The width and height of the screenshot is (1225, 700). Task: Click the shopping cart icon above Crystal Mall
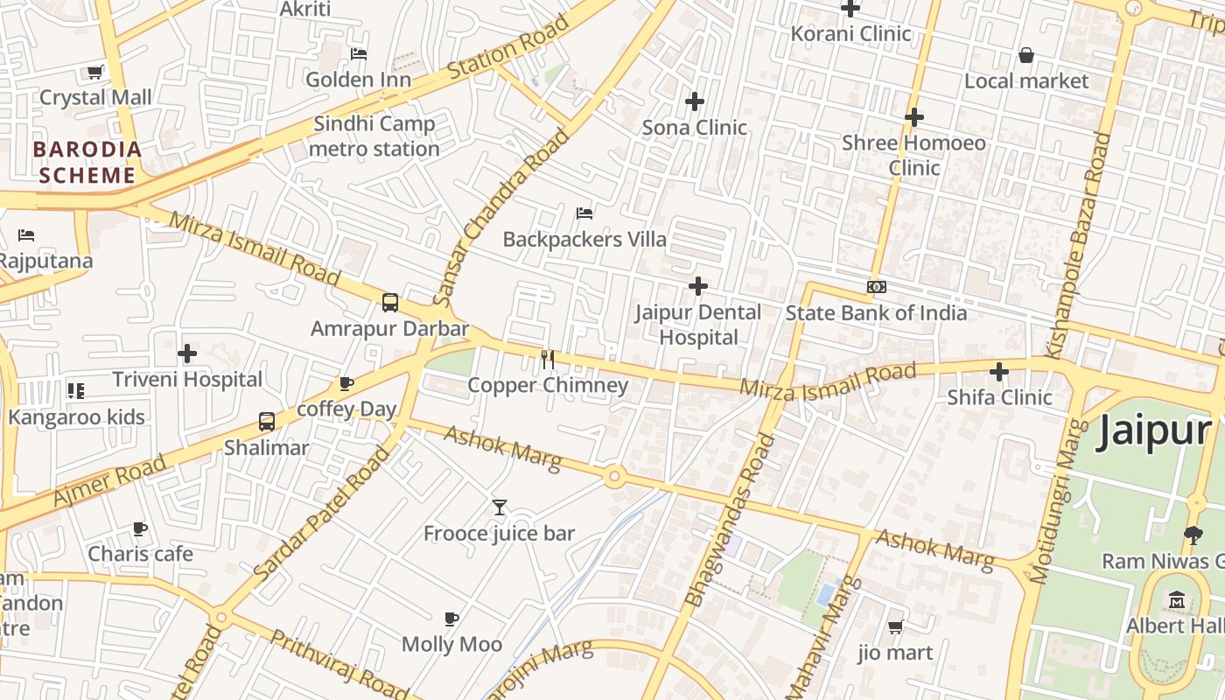pyautogui.click(x=94, y=72)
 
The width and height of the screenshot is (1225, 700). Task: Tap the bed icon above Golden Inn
pyautogui.click(x=359, y=53)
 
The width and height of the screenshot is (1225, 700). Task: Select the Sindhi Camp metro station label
pyautogui.click(x=374, y=136)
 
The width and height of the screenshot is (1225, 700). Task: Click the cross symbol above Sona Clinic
pyautogui.click(x=695, y=101)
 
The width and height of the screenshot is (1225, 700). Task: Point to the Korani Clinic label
pyautogui.click(x=850, y=33)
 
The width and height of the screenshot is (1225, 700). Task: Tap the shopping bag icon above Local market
pyautogui.click(x=1026, y=56)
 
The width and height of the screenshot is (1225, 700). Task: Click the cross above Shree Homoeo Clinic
pyautogui.click(x=914, y=116)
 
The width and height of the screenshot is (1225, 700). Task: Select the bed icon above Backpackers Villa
pyautogui.click(x=584, y=213)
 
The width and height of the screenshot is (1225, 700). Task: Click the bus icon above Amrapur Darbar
pyautogui.click(x=390, y=303)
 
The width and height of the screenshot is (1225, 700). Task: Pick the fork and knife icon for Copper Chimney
pyautogui.click(x=548, y=360)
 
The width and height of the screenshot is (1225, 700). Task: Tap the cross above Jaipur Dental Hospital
pyautogui.click(x=698, y=286)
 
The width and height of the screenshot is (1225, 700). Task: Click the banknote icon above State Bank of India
pyautogui.click(x=876, y=287)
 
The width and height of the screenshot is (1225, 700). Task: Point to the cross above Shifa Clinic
pyautogui.click(x=999, y=372)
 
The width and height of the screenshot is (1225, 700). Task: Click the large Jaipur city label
pyautogui.click(x=1153, y=430)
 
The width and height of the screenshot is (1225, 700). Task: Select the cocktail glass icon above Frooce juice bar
pyautogui.click(x=500, y=507)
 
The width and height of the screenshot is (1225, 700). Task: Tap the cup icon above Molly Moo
pyautogui.click(x=451, y=619)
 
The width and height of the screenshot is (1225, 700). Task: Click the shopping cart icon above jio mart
pyautogui.click(x=895, y=626)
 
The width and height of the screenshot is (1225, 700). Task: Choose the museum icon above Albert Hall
pyautogui.click(x=1177, y=600)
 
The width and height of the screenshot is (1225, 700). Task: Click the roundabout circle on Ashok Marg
pyautogui.click(x=614, y=477)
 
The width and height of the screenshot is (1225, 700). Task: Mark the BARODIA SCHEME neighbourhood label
pyautogui.click(x=87, y=162)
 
